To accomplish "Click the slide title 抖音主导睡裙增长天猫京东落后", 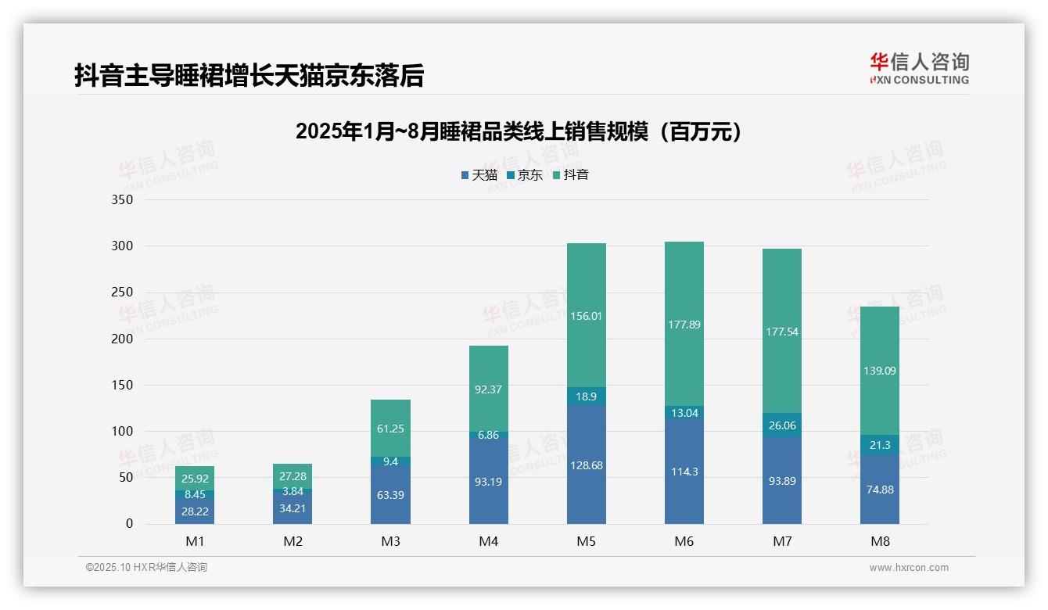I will click(249, 76).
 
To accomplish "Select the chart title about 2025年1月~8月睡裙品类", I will click(518, 131).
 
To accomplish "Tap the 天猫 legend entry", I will click(479, 175).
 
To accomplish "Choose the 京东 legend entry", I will click(525, 175).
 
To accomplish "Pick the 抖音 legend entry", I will click(571, 175).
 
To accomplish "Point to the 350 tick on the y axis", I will click(124, 199).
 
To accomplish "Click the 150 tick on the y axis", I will click(124, 385).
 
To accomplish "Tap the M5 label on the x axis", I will click(586, 541).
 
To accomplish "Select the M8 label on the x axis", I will click(879, 541).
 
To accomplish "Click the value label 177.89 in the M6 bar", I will click(684, 325).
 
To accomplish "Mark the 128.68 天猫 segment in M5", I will click(586, 465).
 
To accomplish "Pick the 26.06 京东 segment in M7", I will click(781, 425).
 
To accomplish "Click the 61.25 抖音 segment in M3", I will click(390, 429).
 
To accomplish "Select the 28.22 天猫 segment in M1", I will click(195, 511).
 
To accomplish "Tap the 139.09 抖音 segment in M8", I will click(879, 371).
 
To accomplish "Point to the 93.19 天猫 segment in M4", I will click(488, 481).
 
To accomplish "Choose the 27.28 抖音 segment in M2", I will click(293, 476).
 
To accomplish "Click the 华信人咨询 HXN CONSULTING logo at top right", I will click(919, 69).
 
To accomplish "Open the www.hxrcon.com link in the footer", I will click(909, 568).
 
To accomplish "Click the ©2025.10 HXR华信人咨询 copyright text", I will click(146, 568).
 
